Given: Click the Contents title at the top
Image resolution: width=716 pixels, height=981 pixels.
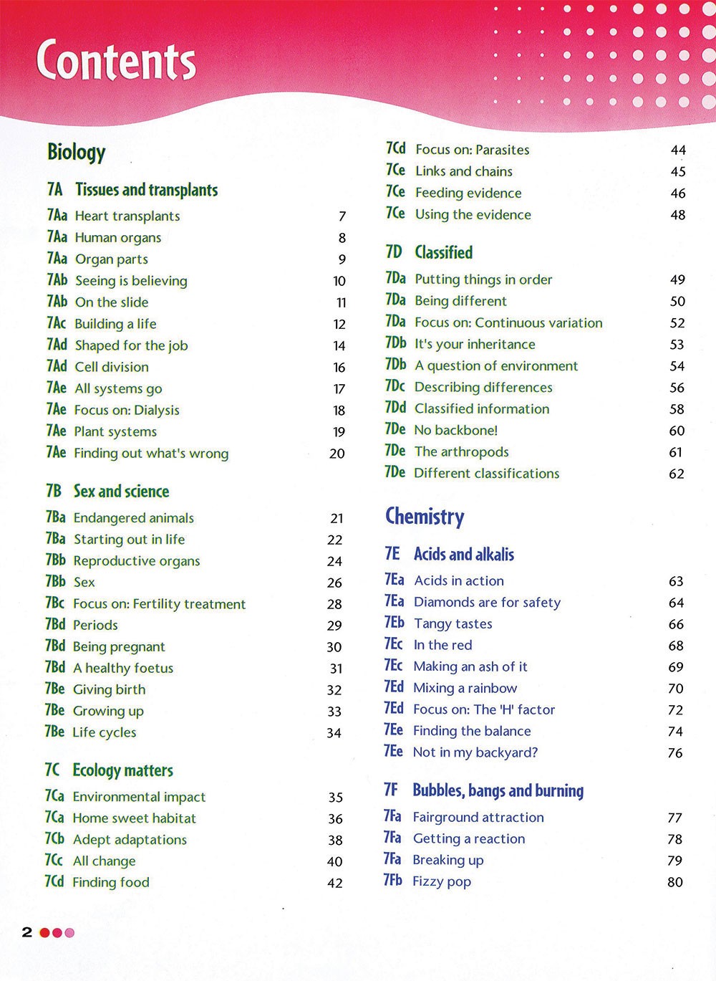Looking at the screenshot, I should pyautogui.click(x=116, y=62).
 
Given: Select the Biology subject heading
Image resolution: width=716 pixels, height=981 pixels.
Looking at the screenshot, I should pyautogui.click(x=76, y=152).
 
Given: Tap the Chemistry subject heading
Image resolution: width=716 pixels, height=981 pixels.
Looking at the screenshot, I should pyautogui.click(x=425, y=517).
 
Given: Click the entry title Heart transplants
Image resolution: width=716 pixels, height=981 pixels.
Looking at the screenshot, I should pyautogui.click(x=127, y=216).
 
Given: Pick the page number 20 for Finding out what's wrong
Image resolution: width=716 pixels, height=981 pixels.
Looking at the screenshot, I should pyautogui.click(x=337, y=454).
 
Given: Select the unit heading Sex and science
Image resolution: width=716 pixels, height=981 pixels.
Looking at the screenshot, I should pyautogui.click(x=121, y=492).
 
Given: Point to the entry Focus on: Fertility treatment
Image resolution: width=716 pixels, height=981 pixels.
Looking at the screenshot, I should pyautogui.click(x=159, y=604).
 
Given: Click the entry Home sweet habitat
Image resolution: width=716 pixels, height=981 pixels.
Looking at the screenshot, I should pyautogui.click(x=134, y=818).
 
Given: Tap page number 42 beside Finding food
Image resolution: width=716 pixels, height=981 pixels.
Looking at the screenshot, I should pyautogui.click(x=335, y=883).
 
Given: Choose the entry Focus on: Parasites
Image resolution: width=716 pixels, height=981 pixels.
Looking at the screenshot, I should pyautogui.click(x=473, y=150).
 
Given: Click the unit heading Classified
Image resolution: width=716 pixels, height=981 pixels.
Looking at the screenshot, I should pyautogui.click(x=443, y=252).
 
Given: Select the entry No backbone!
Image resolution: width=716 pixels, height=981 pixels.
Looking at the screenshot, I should pyautogui.click(x=456, y=430).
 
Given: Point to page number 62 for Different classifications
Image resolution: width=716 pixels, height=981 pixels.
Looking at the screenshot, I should pyautogui.click(x=677, y=474).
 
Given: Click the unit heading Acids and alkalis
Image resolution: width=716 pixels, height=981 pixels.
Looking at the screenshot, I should pyautogui.click(x=463, y=555).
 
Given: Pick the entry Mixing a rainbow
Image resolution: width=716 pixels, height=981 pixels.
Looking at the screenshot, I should pyautogui.click(x=465, y=688).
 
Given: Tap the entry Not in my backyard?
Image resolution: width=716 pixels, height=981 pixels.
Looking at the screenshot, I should pyautogui.click(x=475, y=752).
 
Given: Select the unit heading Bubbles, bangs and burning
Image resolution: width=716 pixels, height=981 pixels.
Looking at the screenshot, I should pyautogui.click(x=498, y=790).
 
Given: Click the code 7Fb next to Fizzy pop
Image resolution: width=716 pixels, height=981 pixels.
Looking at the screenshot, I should pyautogui.click(x=392, y=881).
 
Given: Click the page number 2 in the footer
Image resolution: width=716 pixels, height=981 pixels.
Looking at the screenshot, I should pyautogui.click(x=27, y=932).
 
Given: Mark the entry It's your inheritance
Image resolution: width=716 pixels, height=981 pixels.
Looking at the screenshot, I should pyautogui.click(x=475, y=344).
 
